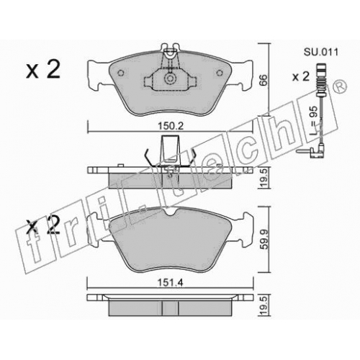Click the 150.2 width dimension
click(171, 126)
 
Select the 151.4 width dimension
click(171, 283)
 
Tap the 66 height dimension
click(264, 80)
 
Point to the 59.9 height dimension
click(264, 239)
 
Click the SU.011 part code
click(321, 52)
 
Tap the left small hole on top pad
click(121, 73)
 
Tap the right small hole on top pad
click(220, 73)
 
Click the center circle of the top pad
click(170, 78)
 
